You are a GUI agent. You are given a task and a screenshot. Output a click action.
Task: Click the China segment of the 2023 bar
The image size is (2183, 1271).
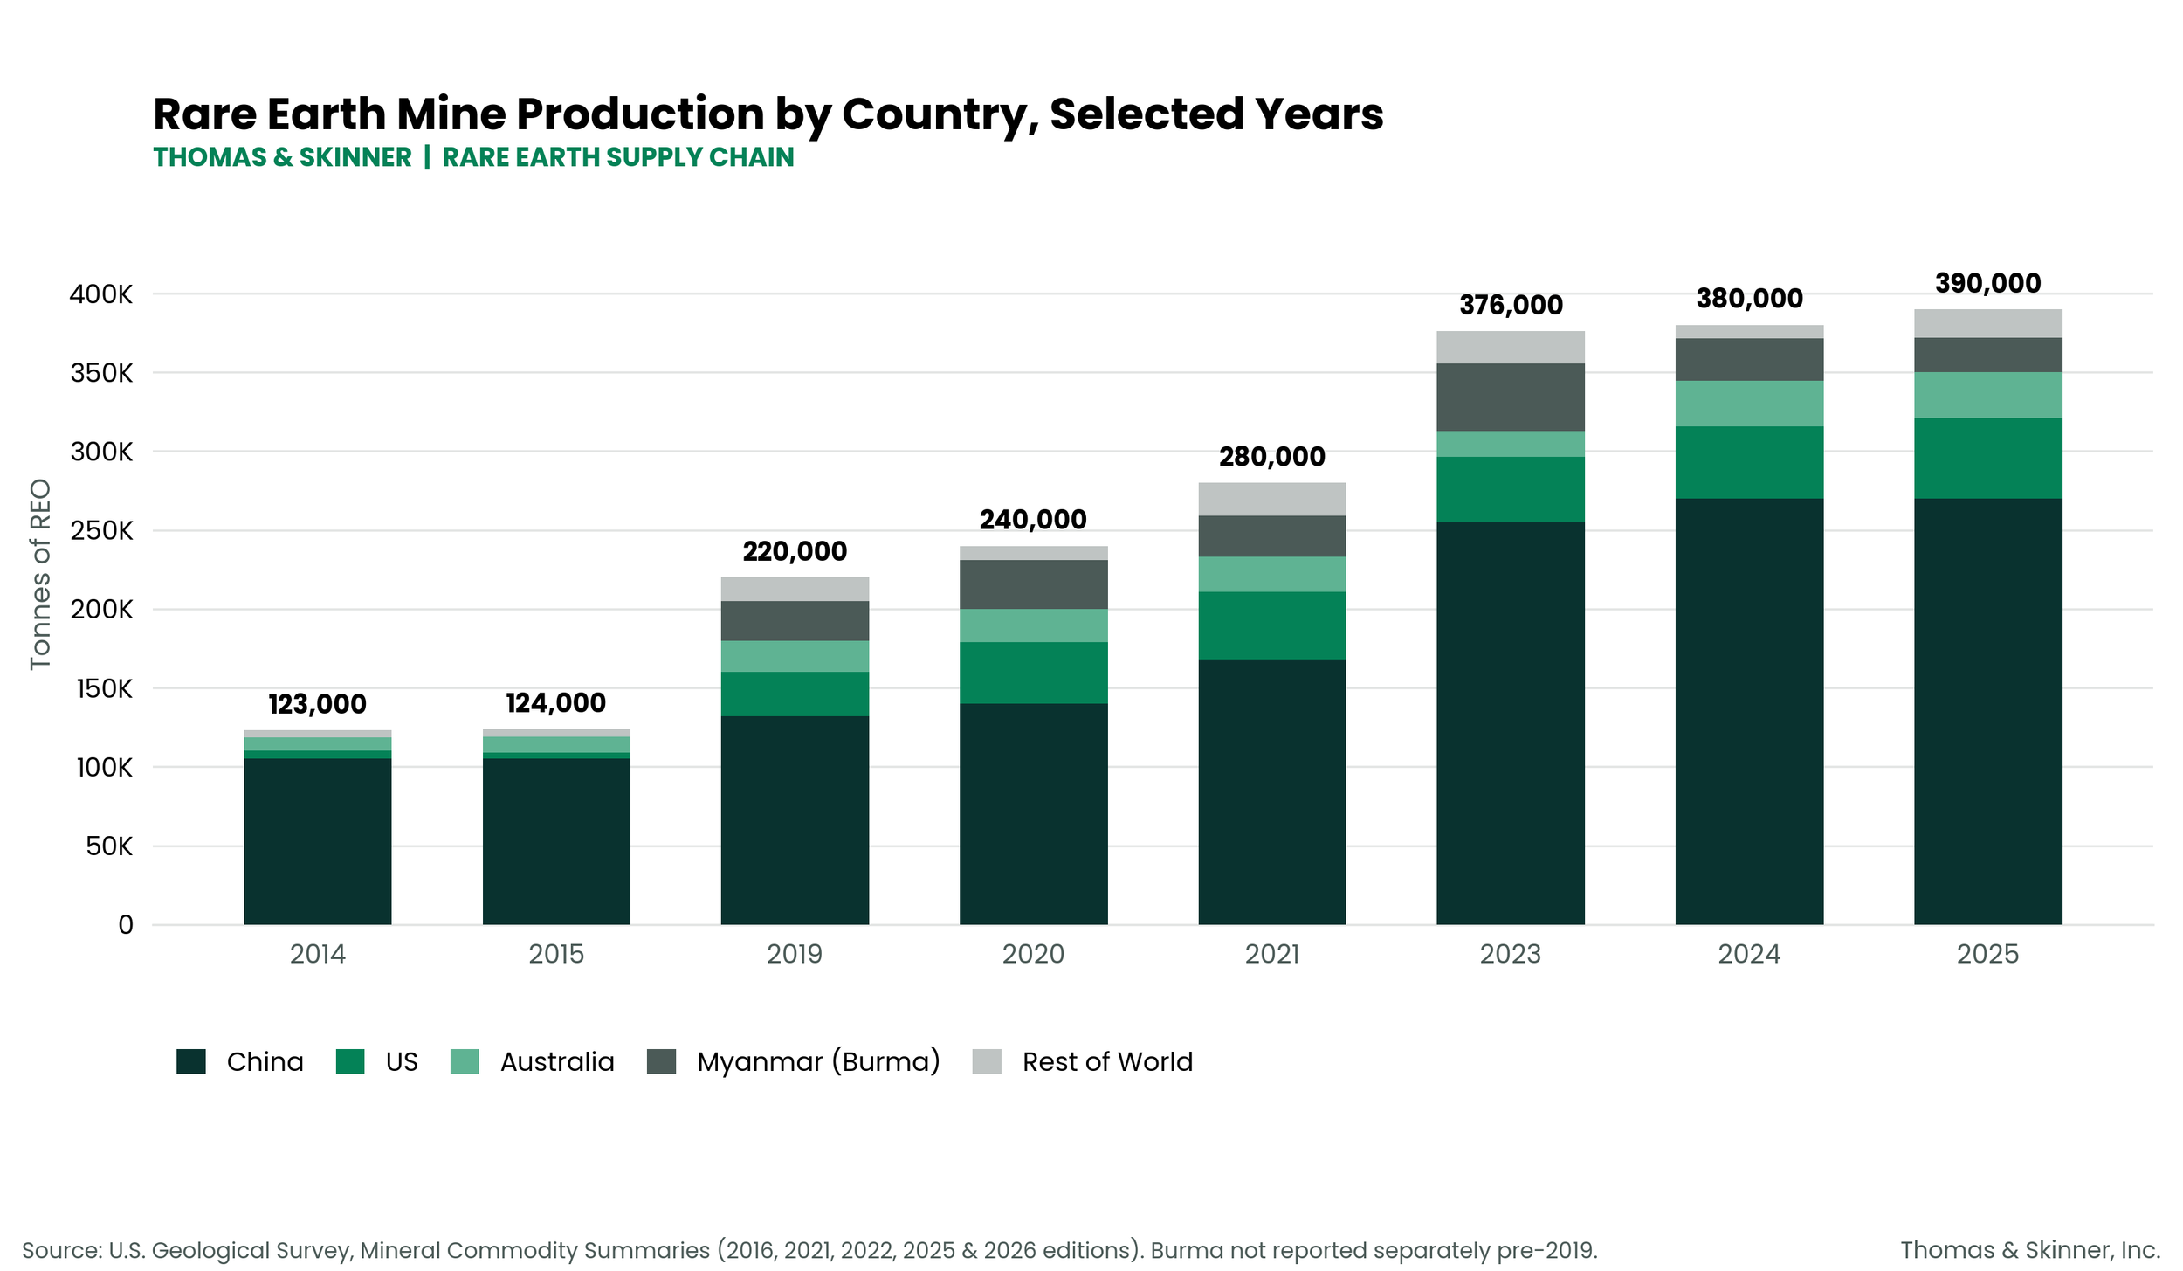tap(1510, 723)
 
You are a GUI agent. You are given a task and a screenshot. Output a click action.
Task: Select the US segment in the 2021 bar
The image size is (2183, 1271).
tap(1271, 625)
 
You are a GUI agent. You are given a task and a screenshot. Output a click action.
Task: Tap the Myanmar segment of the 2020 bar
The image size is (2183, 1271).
tap(1033, 584)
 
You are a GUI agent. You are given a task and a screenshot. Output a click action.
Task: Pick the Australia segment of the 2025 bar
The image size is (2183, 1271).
tap(1987, 395)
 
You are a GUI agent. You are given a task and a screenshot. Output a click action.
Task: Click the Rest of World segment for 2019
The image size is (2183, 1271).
tap(795, 589)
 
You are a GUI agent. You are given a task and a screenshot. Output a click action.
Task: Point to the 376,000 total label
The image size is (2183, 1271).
tap(1511, 305)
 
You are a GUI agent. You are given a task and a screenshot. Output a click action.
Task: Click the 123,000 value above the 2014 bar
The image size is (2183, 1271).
tap(317, 704)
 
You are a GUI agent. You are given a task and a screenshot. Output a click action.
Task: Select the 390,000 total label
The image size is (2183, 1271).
tap(1988, 283)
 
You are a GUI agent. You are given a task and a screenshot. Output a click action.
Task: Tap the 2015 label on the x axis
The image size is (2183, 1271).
tap(556, 954)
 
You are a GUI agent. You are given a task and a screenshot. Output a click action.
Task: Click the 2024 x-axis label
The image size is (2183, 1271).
tap(1749, 954)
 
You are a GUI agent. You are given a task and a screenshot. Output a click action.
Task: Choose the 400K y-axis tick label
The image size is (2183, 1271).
tap(101, 294)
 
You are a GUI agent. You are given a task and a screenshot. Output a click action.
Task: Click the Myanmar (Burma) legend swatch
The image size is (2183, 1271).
tap(661, 1061)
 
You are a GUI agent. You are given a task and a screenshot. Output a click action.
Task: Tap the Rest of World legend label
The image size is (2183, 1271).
tap(1107, 1061)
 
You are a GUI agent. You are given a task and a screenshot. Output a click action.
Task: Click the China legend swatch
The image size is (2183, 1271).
tap(191, 1061)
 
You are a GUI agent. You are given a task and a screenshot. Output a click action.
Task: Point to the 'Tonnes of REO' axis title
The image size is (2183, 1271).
tap(40, 575)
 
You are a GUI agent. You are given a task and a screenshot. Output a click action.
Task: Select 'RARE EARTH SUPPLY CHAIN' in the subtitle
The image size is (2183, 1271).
tap(618, 157)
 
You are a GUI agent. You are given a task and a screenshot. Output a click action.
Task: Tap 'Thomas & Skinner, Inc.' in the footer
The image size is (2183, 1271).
tap(2030, 1250)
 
